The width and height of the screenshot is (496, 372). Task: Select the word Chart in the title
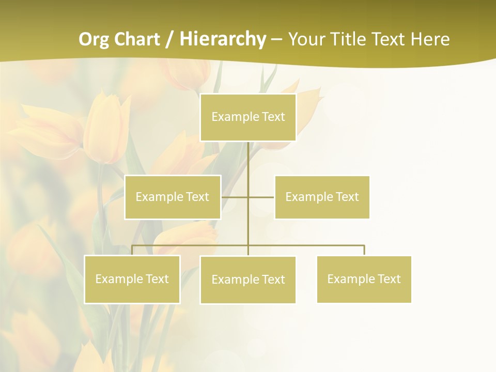pyautogui.click(x=137, y=39)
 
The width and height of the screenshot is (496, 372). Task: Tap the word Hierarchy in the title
pyautogui.click(x=223, y=39)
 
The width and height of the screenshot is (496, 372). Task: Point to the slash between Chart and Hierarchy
pyautogui.click(x=169, y=39)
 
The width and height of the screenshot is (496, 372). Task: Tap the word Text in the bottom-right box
pyautogui.click(x=389, y=279)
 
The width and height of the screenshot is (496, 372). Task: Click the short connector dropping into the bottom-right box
pyautogui.click(x=364, y=250)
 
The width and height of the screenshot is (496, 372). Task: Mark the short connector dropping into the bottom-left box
pyautogui.click(x=132, y=250)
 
